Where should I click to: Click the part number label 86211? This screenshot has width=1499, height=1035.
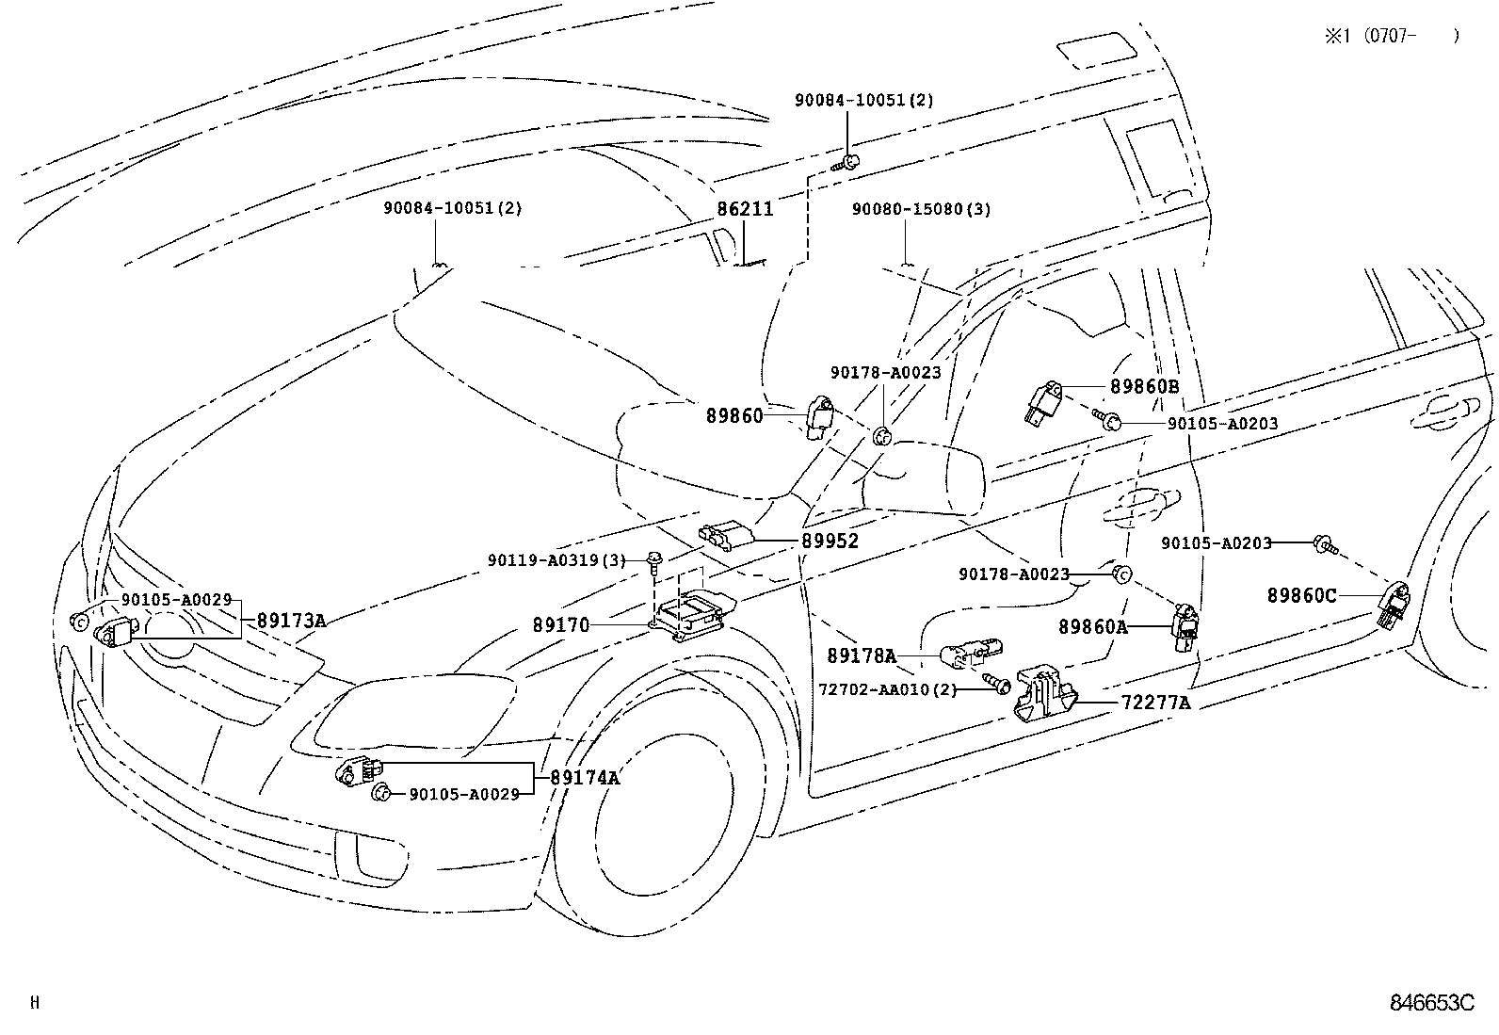pos(745,209)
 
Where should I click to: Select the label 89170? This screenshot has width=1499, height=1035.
pos(560,624)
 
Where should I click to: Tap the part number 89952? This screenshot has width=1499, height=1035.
pos(830,542)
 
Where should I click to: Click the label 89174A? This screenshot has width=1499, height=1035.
pos(585,778)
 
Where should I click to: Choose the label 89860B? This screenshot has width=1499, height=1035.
pos(1144,386)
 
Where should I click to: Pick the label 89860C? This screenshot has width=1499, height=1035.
pos(1301,595)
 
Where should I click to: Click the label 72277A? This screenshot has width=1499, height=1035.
pos(1155,703)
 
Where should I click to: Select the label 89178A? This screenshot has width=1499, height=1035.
pos(862,655)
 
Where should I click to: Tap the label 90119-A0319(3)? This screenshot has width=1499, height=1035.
pos(556,560)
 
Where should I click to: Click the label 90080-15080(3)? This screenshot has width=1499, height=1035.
pos(921,209)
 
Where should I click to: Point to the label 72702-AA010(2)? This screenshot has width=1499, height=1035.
pos(887,689)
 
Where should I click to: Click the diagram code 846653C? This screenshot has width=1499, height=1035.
pos(1430,1002)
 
